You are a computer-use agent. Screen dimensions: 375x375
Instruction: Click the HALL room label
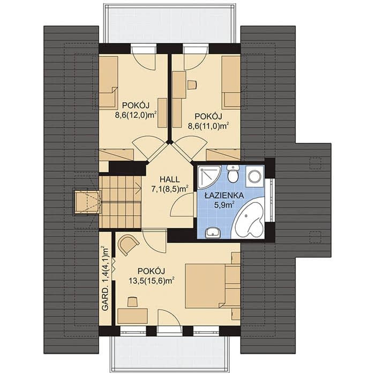click(170, 179)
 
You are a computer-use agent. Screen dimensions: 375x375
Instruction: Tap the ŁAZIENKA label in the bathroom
click(224, 196)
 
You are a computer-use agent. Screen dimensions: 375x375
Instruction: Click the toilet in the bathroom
click(232, 174)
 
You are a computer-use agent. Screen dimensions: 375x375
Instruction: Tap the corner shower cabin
click(208, 177)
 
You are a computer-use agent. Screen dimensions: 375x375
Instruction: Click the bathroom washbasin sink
click(213, 232)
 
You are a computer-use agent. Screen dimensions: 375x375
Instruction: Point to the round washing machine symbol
click(254, 176)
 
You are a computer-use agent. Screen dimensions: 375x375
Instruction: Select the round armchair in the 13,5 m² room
click(128, 244)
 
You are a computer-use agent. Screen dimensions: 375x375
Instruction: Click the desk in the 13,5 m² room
click(132, 317)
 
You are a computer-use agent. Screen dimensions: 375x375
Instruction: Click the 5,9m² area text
click(224, 205)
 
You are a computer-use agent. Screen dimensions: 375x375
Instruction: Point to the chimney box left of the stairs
click(87, 201)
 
